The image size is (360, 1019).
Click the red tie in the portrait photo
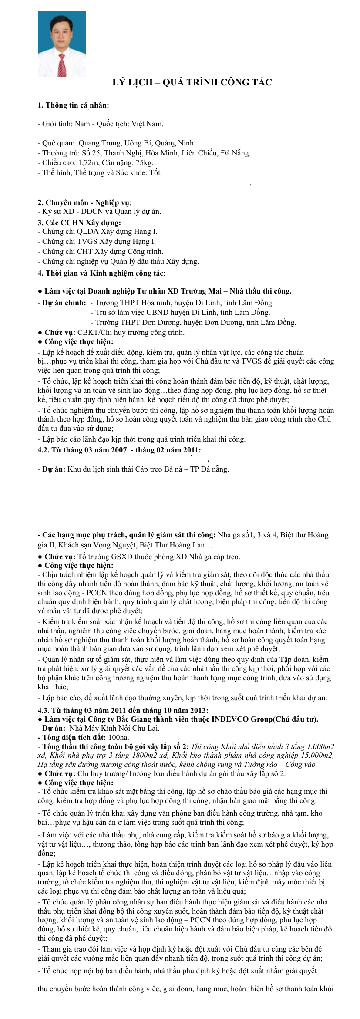pyautogui.click(x=62, y=64)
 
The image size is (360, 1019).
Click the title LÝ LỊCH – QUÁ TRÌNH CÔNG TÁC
pyautogui.click(x=192, y=82)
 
